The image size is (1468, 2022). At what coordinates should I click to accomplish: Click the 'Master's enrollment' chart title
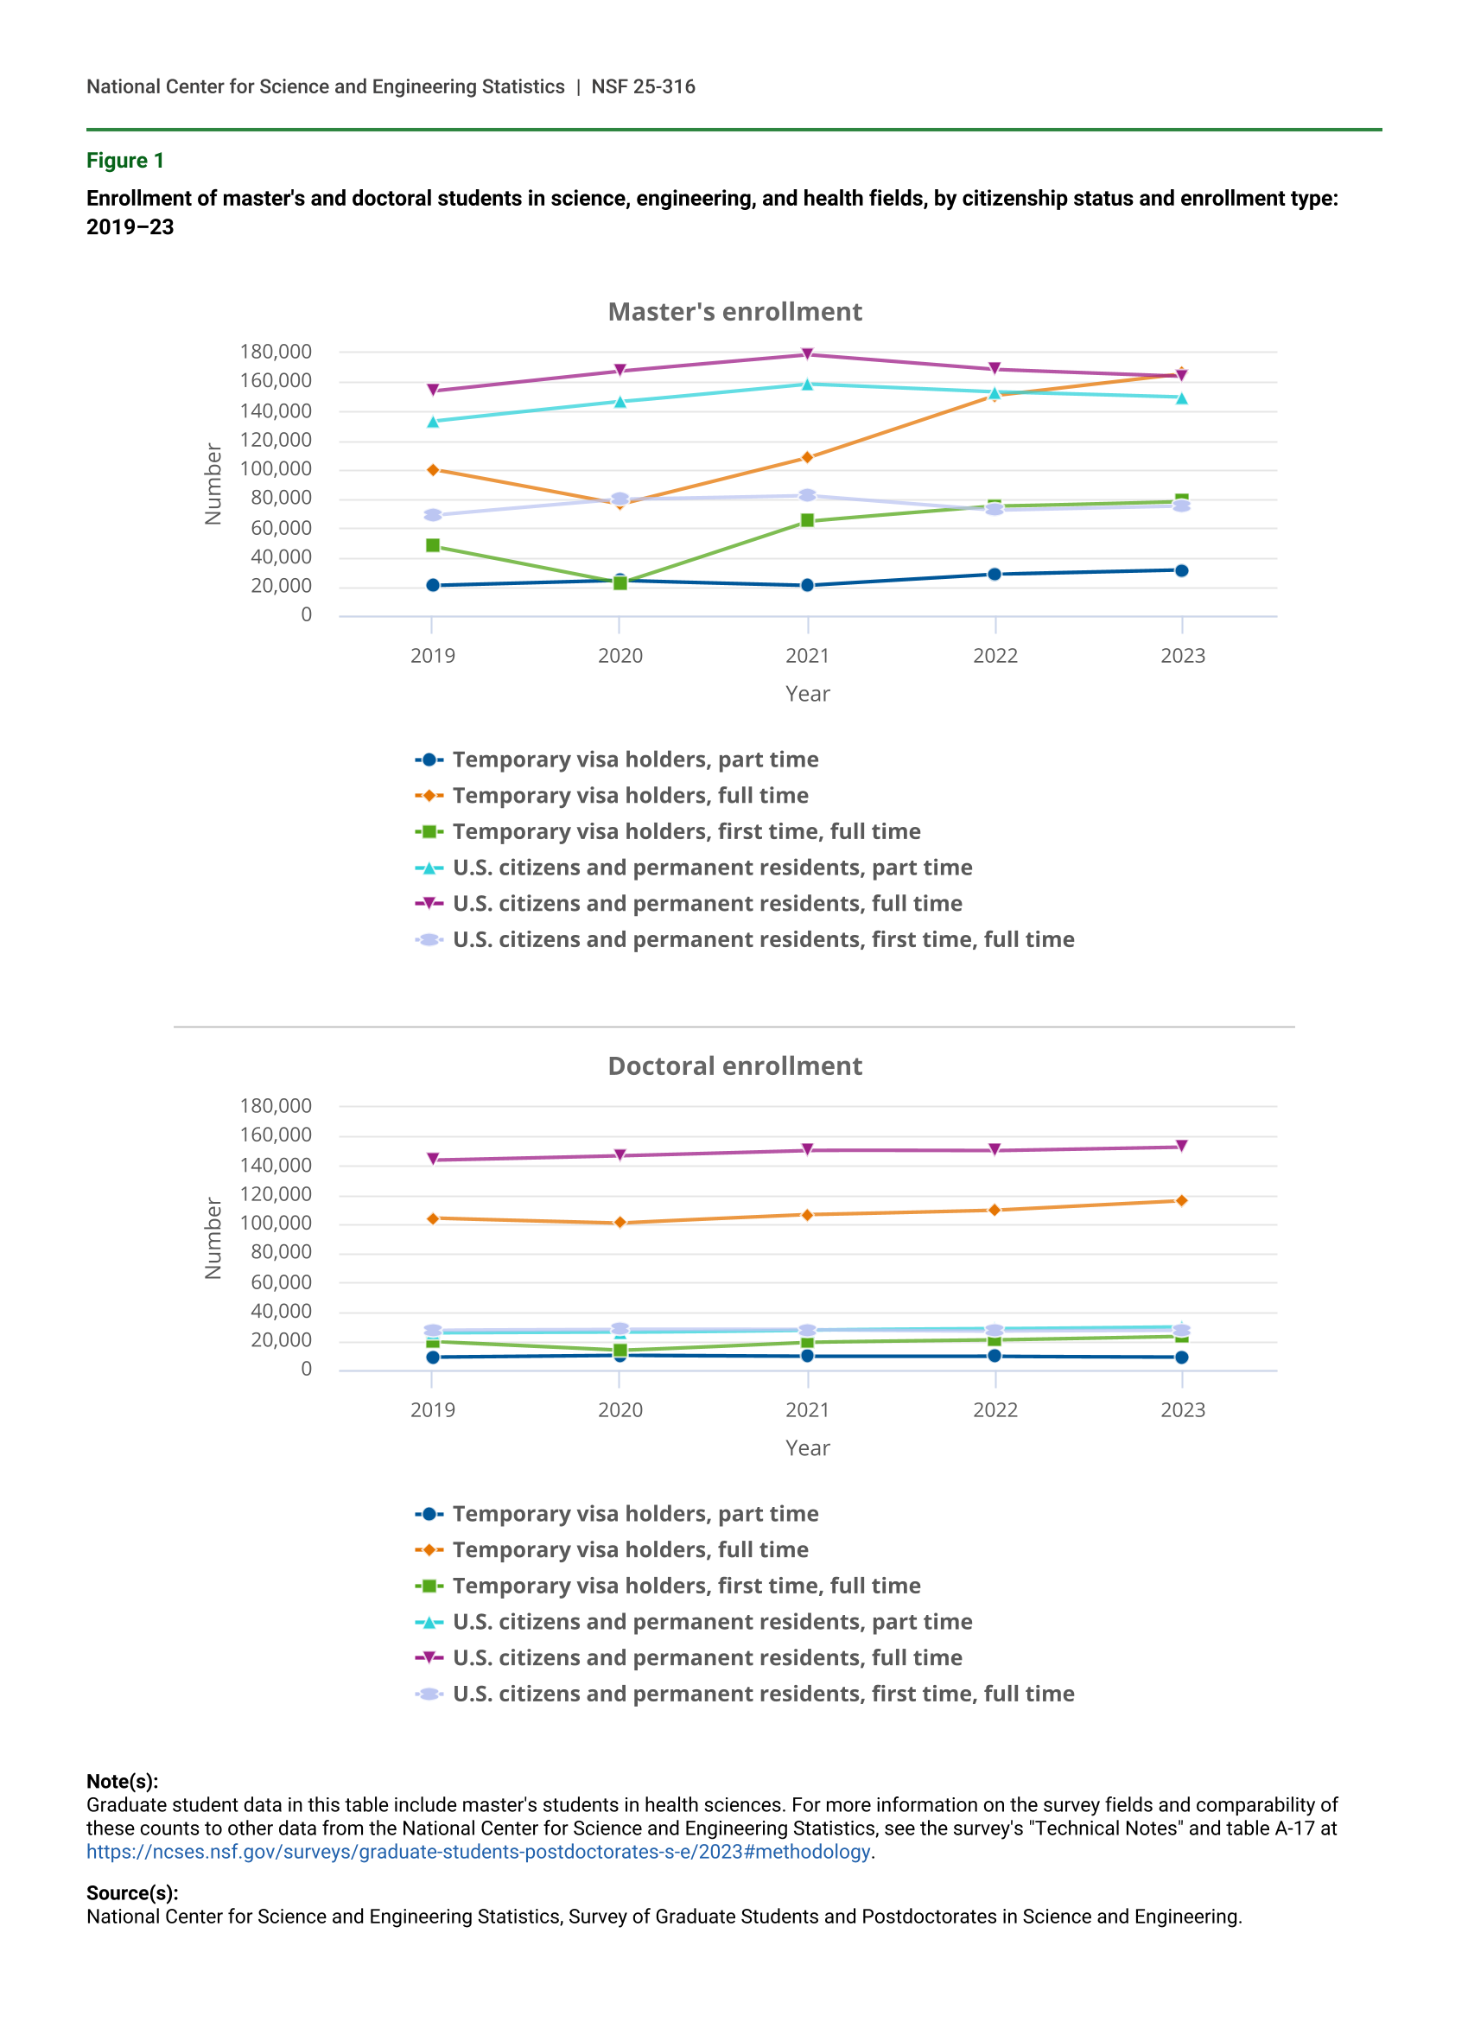tap(734, 312)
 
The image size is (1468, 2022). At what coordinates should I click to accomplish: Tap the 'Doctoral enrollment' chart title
tap(734, 1066)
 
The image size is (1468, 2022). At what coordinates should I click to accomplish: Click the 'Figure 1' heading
tap(124, 161)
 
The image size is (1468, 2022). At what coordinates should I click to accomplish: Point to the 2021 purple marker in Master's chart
tap(808, 354)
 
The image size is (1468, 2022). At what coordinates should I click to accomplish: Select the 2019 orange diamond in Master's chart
tap(433, 470)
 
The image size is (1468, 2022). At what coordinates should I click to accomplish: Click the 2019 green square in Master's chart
tap(433, 544)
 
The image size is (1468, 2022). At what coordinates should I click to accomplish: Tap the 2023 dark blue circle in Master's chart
tap(1182, 570)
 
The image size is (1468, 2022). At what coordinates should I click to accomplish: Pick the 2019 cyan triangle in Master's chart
tap(433, 422)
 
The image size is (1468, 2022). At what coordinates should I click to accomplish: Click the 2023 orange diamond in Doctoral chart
tap(1182, 1201)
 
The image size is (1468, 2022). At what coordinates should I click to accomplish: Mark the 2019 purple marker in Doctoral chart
tap(433, 1159)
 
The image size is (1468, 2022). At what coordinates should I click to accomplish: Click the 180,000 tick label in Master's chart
tap(276, 353)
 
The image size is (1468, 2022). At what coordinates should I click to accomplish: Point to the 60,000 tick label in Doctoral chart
tap(281, 1282)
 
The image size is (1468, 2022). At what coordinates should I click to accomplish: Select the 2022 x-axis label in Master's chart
tap(995, 656)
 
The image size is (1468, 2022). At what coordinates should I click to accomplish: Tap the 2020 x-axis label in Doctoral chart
tap(620, 1410)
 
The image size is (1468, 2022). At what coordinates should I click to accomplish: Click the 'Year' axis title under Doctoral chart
tap(808, 1449)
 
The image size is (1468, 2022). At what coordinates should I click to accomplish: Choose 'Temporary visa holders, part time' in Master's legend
tap(634, 760)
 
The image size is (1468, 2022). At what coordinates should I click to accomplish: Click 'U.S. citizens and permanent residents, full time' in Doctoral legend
tap(707, 1658)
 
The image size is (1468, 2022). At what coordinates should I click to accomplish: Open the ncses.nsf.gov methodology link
tap(478, 1852)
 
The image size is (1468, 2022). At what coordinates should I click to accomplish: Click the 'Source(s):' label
tap(132, 1892)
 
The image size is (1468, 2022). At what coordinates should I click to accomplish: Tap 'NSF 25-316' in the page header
tap(643, 86)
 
